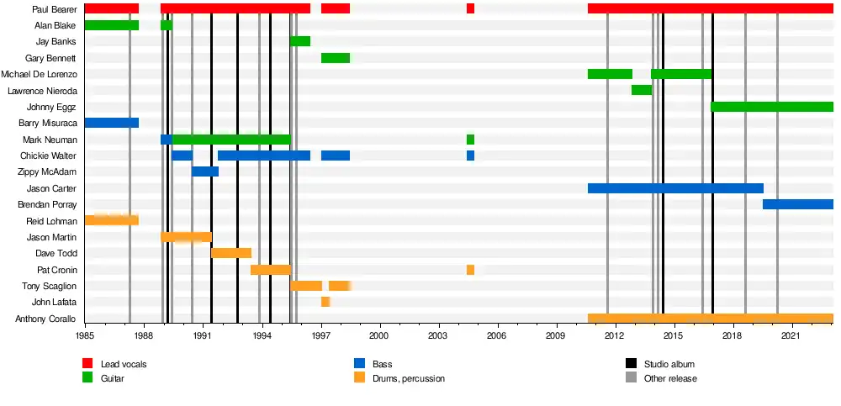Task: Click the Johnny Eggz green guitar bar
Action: pos(772,107)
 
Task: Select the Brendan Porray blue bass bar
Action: pos(798,204)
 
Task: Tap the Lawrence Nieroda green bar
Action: pos(642,90)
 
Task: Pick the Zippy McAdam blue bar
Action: pos(205,171)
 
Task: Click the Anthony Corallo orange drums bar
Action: pos(711,319)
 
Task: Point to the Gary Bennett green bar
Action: pos(336,58)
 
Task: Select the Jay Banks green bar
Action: pos(300,41)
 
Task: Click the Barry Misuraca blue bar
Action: pos(112,123)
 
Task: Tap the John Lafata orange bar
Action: pos(325,302)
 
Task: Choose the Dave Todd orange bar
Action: pos(231,253)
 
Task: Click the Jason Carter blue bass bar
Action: pos(675,188)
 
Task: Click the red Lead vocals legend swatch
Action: pos(87,364)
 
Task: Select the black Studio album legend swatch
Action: pos(631,364)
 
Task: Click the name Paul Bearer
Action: pos(54,9)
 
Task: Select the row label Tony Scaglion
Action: pos(50,287)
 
